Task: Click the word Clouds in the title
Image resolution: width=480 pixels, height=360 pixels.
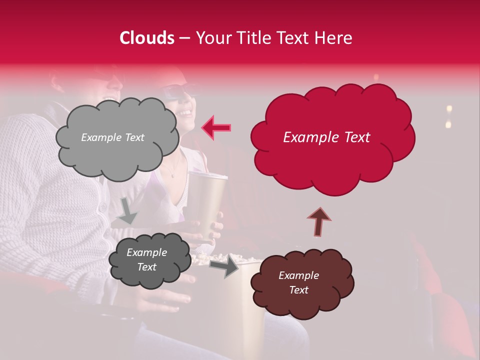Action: click(147, 38)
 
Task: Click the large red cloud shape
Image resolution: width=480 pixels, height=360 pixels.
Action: click(332, 137)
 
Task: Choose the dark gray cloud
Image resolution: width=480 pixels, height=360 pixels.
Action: click(149, 259)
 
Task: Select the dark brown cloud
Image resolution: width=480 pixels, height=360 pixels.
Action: click(302, 282)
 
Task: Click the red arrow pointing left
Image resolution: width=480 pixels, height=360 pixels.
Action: click(216, 127)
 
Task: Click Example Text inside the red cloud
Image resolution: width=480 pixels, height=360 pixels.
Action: click(326, 137)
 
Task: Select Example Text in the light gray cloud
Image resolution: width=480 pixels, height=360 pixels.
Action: click(112, 137)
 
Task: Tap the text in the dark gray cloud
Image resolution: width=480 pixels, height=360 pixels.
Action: click(146, 259)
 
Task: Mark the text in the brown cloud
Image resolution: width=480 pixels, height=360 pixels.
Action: click(298, 282)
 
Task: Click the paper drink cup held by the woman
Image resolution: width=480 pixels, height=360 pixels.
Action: click(206, 200)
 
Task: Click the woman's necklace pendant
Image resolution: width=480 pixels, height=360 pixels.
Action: click(172, 175)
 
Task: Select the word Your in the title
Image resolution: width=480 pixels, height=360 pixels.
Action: click(212, 38)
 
